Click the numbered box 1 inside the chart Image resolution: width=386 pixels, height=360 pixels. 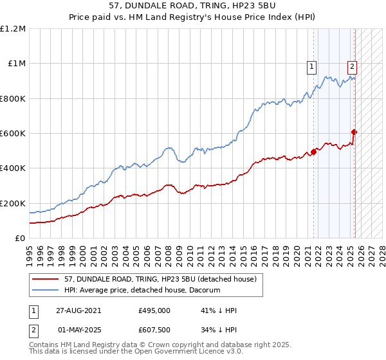coord(312,65)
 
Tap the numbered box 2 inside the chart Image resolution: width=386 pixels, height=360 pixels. coord(353,65)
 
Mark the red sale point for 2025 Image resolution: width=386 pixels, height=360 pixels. coord(354,132)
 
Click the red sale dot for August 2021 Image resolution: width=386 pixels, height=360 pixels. coord(314,152)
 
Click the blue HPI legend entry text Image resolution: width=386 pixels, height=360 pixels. coord(142,291)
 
